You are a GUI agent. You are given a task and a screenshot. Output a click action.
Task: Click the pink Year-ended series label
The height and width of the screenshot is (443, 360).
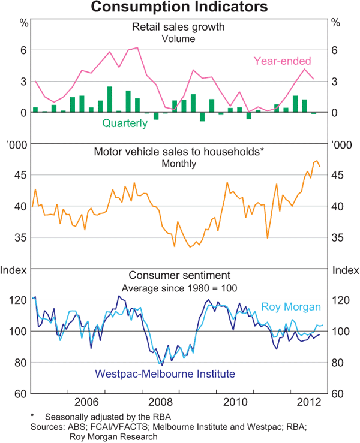click(282, 61)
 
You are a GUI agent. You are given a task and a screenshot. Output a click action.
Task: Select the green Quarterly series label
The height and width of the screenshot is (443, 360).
click(125, 123)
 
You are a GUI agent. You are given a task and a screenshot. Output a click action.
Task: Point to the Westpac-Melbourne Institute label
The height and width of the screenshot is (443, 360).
click(164, 374)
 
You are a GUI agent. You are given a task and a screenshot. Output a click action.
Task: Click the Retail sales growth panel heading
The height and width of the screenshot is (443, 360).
click(178, 27)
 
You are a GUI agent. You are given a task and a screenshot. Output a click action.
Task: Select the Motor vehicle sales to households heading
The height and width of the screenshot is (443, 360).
click(179, 152)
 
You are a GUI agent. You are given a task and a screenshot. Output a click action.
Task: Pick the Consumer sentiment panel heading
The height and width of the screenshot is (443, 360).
click(178, 276)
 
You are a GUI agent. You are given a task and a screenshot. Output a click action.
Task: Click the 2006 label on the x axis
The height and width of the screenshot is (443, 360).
click(87, 401)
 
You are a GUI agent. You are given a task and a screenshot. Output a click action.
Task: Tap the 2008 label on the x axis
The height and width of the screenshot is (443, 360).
click(163, 401)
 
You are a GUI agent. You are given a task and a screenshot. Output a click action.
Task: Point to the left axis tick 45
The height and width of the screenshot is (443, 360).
click(20, 175)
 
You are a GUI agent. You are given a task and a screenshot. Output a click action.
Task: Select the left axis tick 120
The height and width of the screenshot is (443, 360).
click(18, 300)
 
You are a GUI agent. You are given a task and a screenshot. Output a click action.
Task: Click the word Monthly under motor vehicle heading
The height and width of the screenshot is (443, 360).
click(178, 164)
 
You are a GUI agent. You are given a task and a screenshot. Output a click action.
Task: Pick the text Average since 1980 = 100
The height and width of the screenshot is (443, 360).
click(178, 288)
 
